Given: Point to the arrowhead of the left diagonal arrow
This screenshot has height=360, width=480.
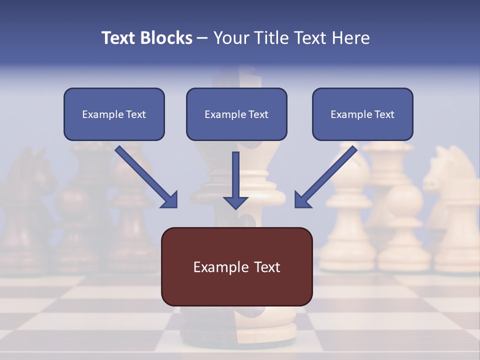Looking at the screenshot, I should point(170,200).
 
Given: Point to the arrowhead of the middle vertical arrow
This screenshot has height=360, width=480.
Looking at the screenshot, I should point(235,202).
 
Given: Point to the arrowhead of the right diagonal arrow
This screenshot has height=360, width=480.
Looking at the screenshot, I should point(302,200).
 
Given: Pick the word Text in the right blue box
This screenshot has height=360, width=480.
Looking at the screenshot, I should point(384,114).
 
